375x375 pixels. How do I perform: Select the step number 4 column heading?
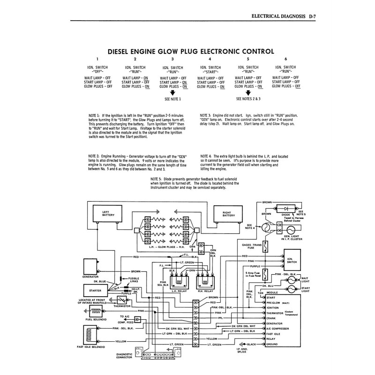[210, 59]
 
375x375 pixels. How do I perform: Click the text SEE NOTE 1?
[172, 100]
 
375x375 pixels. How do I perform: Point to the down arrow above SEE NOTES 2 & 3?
[247, 92]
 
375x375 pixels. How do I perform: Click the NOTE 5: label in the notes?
[158, 179]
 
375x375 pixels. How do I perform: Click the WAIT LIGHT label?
[307, 277]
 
